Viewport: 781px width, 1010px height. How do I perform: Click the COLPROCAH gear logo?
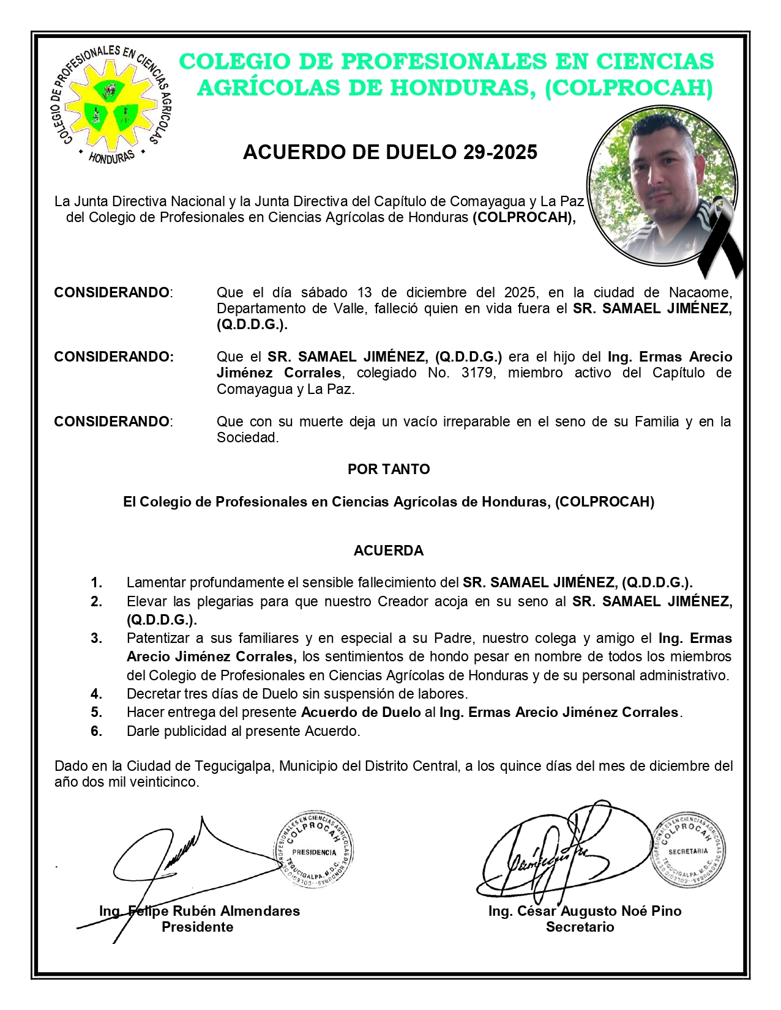point(111,104)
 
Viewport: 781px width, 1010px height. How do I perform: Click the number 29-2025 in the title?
point(500,152)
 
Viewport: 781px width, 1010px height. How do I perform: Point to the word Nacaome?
point(700,292)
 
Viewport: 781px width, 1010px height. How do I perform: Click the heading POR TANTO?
point(389,469)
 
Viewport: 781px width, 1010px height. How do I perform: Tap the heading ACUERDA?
point(389,551)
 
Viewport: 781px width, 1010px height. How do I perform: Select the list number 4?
point(96,694)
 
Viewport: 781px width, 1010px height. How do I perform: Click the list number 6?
point(96,731)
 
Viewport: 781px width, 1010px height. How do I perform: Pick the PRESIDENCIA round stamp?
point(313,852)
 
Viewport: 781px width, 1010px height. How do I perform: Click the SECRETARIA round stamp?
point(688,851)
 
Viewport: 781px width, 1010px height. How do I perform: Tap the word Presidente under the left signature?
point(197,927)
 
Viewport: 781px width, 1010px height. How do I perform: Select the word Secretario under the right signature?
point(580,927)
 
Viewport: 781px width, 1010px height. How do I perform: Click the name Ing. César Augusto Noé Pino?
point(585,911)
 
